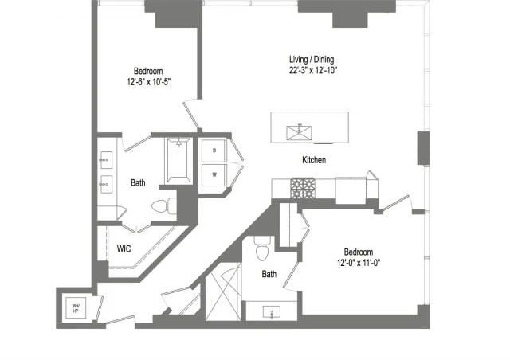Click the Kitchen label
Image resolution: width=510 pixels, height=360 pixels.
(x=314, y=160)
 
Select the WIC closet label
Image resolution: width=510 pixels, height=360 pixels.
(x=124, y=248)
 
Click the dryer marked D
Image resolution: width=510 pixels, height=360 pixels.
(x=214, y=149)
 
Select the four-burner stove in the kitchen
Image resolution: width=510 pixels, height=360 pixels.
(x=302, y=188)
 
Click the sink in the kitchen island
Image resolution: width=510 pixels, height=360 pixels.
(x=303, y=129)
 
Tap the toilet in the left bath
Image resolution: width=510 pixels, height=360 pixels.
(x=163, y=206)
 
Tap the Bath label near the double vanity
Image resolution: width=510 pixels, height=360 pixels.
(x=138, y=182)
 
